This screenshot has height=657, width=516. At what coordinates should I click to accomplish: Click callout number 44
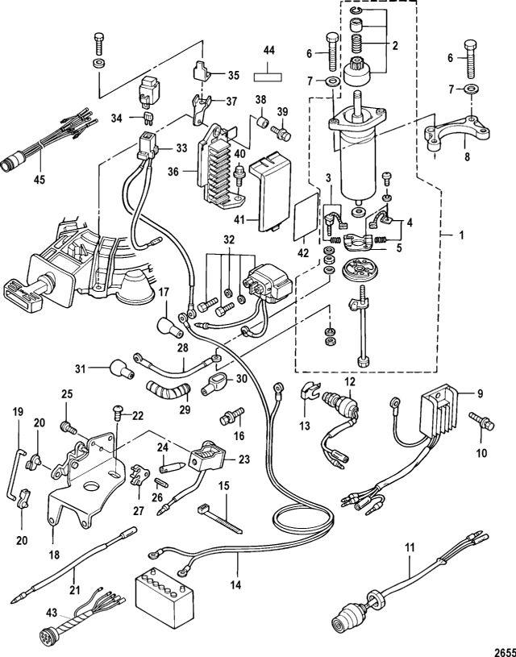pyautogui.click(x=269, y=49)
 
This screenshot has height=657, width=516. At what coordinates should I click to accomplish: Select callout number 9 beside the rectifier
pyautogui.click(x=480, y=394)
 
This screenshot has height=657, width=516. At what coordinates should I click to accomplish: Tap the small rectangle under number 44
pyautogui.click(x=269, y=78)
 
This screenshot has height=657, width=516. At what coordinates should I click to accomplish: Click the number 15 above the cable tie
pyautogui.click(x=222, y=487)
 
